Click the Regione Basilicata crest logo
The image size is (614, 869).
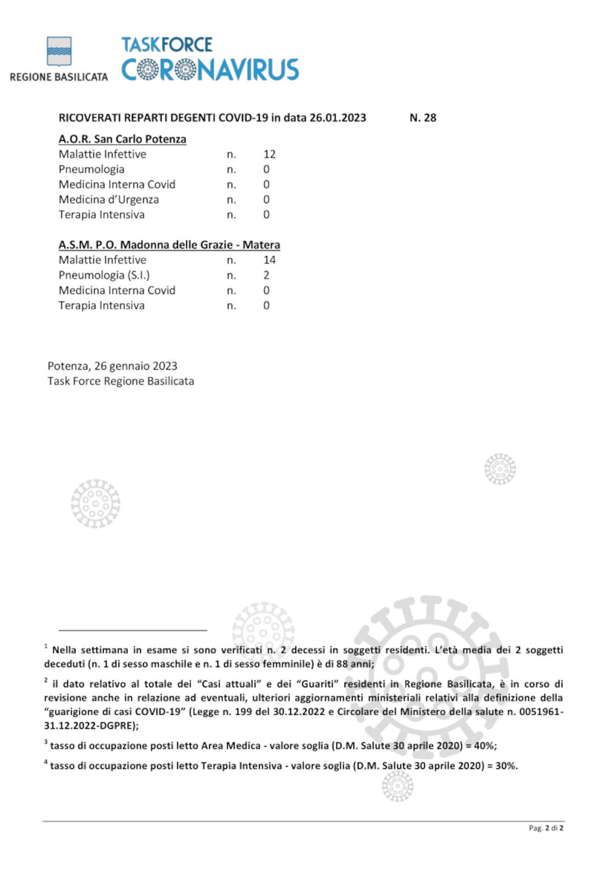point(59,51)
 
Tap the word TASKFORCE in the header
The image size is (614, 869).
point(166,45)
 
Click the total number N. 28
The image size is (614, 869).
point(422,117)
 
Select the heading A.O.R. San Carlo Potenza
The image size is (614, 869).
point(122,139)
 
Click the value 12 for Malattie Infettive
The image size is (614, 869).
point(270,154)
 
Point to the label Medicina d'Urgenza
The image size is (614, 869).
point(109,200)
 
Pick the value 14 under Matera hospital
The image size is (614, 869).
point(270,260)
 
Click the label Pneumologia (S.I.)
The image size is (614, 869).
point(104,275)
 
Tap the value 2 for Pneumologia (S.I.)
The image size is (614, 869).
point(266,275)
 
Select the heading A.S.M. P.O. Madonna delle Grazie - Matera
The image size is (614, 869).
point(169,244)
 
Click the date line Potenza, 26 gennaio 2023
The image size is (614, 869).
point(112,366)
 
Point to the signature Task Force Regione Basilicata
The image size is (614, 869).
point(120,381)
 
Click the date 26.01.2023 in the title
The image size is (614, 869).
point(338,117)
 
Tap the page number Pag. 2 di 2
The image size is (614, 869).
point(546,828)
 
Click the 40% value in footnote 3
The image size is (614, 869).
point(484,746)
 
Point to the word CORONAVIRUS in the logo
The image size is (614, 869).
point(210,69)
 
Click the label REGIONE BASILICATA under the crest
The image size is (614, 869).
point(59,77)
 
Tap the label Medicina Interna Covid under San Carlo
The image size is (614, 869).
point(117,184)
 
